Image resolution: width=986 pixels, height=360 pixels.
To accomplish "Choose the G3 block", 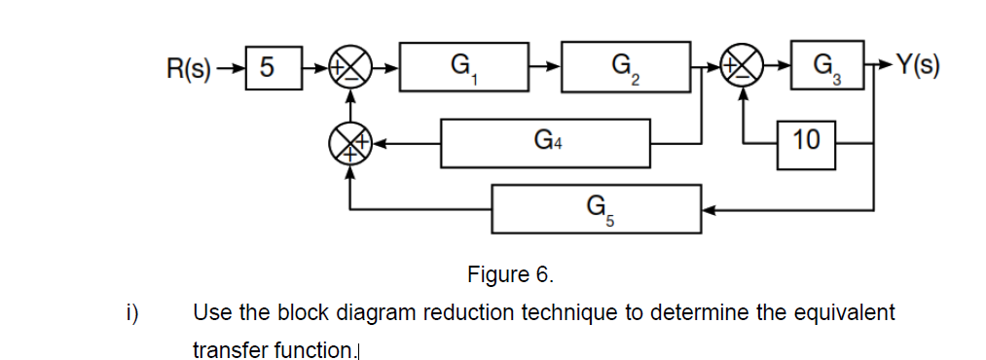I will pyautogui.click(x=826, y=67).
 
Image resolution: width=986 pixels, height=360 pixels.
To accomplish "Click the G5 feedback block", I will pyautogui.click(x=597, y=208).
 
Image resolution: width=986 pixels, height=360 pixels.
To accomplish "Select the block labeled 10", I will pyautogui.click(x=806, y=143).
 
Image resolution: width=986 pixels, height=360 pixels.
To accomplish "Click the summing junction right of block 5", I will pyautogui.click(x=351, y=68).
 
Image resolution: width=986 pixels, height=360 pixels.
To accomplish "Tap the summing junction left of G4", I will pyautogui.click(x=351, y=143).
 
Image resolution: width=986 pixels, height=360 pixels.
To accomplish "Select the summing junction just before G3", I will pyautogui.click(x=744, y=68).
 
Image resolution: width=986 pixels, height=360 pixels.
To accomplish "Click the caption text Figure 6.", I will pyautogui.click(x=510, y=273).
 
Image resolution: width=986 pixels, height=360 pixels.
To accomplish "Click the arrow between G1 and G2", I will pyautogui.click(x=545, y=68).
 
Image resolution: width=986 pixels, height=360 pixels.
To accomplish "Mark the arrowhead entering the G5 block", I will pyautogui.click(x=710, y=208).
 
